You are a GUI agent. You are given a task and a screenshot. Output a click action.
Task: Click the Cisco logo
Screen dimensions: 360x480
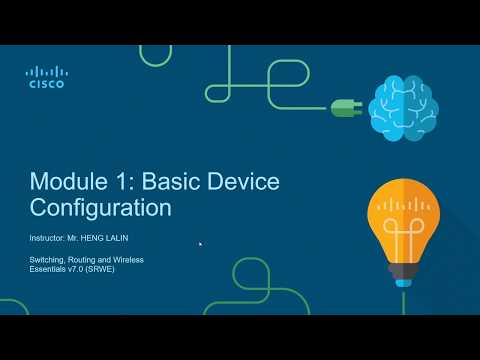point(45,77)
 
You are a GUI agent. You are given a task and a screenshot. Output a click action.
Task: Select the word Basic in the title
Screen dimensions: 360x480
point(173,182)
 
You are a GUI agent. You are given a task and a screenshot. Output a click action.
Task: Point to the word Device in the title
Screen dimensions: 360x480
point(244,182)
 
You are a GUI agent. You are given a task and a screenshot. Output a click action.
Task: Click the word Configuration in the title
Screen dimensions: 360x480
point(100,209)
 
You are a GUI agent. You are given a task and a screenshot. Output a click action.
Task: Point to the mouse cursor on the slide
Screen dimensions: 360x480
point(200,243)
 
